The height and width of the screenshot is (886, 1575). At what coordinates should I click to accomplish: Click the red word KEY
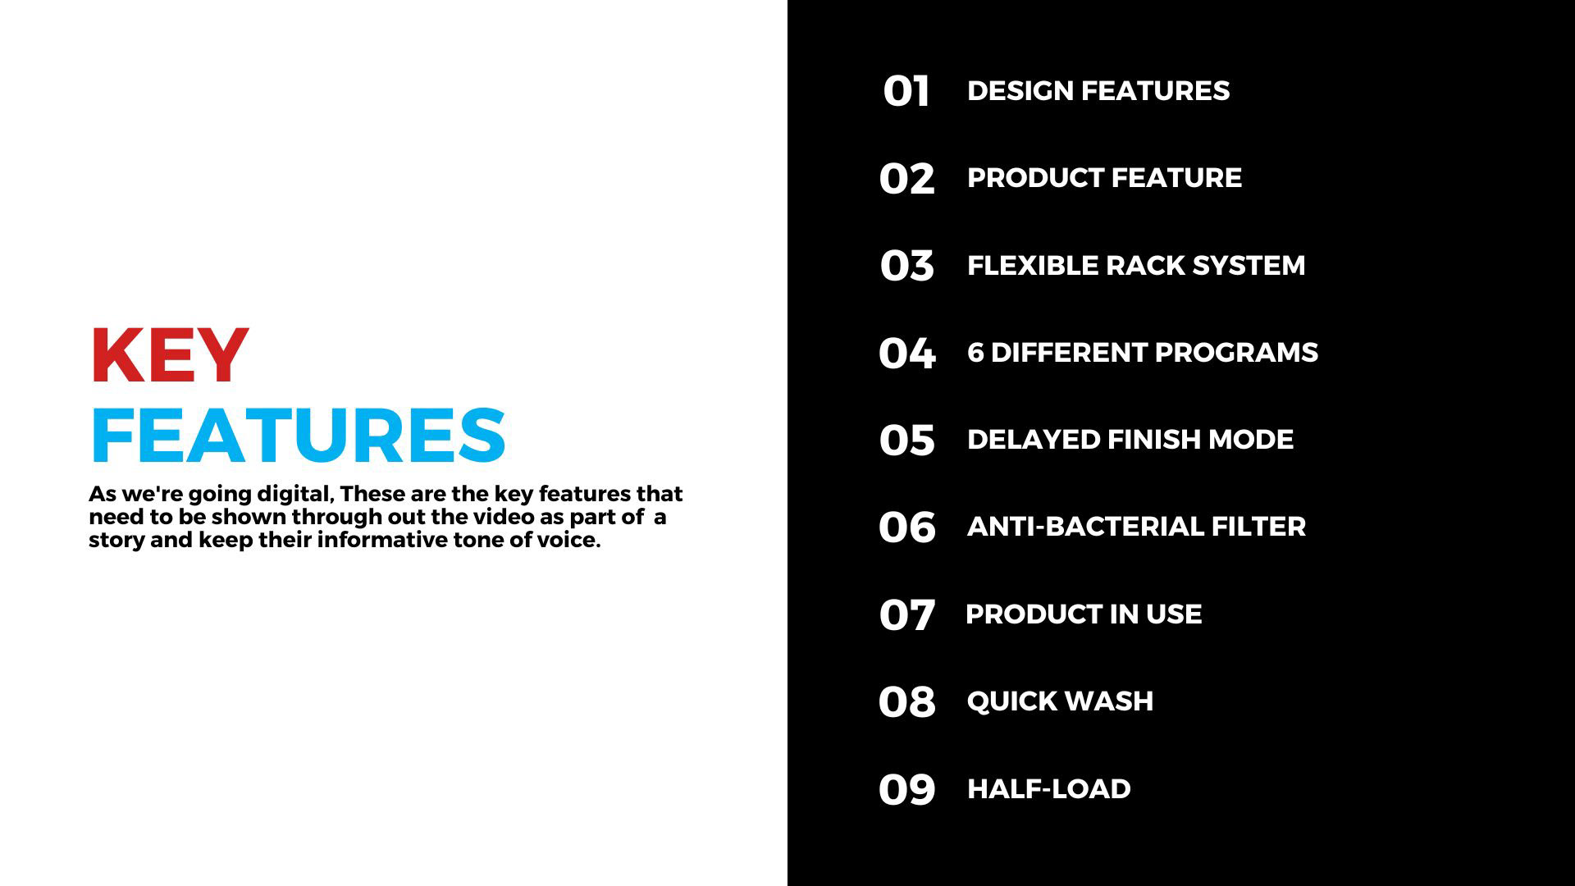tap(169, 356)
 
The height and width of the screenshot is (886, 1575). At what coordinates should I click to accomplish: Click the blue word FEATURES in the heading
tap(299, 435)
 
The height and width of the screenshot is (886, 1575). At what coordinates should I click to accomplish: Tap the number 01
tap(906, 91)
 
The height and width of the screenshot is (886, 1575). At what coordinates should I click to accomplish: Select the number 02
tap(906, 178)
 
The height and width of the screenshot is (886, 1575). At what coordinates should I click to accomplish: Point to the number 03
tap(906, 266)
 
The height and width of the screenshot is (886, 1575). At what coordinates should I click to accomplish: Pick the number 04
tap(906, 353)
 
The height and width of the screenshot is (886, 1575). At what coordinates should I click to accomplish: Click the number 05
tap(906, 440)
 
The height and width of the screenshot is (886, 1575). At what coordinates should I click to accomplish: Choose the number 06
tap(906, 527)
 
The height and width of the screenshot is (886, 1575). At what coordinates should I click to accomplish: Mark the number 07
tap(906, 614)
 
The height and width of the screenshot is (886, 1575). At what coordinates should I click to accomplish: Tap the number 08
tap(906, 701)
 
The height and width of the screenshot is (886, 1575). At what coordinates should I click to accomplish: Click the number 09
tap(906, 789)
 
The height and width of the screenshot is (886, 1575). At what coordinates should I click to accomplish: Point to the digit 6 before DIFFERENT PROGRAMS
tap(975, 352)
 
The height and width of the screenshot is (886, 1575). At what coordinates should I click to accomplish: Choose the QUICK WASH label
tap(1060, 701)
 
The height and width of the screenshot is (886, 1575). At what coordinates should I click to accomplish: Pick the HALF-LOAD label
tap(1048, 788)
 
